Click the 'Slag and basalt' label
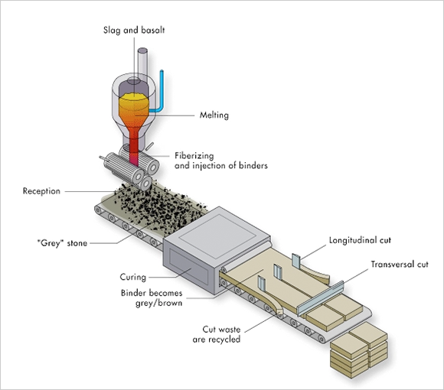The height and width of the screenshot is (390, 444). click(x=134, y=31)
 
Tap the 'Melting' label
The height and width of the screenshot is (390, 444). click(x=214, y=115)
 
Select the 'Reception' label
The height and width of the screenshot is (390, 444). click(x=41, y=191)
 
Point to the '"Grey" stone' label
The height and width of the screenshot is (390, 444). click(x=62, y=243)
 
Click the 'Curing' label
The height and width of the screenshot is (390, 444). click(x=133, y=277)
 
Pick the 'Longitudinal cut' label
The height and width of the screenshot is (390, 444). click(x=360, y=240)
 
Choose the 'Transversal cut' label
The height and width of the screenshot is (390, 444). click(x=400, y=265)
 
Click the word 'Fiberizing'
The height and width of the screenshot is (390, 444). click(x=194, y=156)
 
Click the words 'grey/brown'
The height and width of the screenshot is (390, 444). click(x=159, y=303)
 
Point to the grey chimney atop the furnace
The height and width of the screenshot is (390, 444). click(x=142, y=63)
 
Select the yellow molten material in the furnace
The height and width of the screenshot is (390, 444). click(x=134, y=103)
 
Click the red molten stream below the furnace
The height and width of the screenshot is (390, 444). click(x=134, y=150)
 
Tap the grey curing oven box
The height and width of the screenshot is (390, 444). click(x=217, y=249)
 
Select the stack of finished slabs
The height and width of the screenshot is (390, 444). click(x=359, y=349)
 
